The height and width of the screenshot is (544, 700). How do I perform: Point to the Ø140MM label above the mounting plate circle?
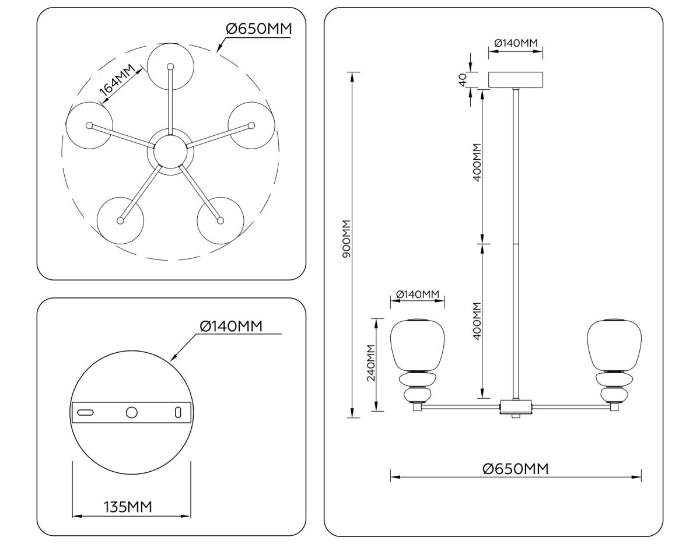231,326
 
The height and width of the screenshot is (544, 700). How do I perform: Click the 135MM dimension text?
128,507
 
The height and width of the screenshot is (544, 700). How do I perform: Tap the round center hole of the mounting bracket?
132,412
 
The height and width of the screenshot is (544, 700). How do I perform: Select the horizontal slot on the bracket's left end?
85,412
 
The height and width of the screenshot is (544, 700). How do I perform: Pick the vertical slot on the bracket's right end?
178,412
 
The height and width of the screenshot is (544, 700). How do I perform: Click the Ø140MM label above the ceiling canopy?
516,43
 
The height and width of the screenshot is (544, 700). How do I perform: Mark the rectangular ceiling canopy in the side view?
516,80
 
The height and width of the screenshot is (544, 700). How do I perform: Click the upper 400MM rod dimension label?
477,163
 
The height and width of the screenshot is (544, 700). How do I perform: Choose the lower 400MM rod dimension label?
477,321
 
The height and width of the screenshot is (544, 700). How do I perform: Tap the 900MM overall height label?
346,240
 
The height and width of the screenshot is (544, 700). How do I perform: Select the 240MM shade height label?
370,363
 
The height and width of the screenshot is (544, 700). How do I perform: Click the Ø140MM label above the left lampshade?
417,294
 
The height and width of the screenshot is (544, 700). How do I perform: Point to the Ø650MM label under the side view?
516,468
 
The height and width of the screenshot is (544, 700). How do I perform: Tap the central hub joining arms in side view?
516,406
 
